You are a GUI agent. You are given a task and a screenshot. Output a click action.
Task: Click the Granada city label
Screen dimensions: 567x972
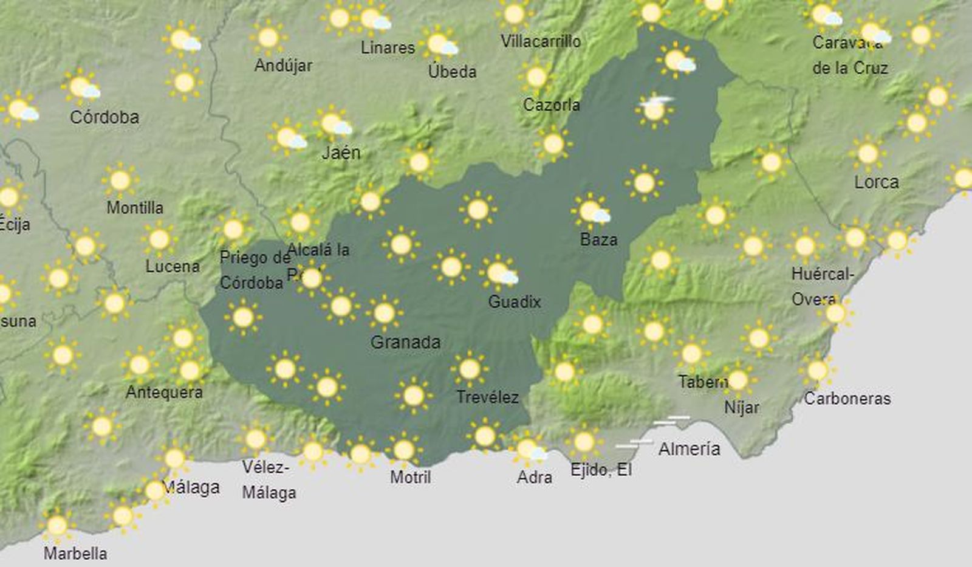pyautogui.click(x=405, y=342)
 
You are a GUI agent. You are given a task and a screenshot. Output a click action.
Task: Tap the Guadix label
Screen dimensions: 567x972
pyautogui.click(x=514, y=301)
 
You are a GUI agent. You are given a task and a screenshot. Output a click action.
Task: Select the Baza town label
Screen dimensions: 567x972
pyautogui.click(x=598, y=239)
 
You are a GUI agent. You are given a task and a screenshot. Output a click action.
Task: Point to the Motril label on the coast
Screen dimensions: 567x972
pyautogui.click(x=410, y=477)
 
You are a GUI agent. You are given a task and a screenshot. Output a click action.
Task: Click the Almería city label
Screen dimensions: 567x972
pyautogui.click(x=689, y=449)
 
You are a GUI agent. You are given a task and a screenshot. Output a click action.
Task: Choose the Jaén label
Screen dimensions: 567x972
pyautogui.click(x=341, y=153)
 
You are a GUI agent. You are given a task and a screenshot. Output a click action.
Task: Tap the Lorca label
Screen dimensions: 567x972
pyautogui.click(x=876, y=182)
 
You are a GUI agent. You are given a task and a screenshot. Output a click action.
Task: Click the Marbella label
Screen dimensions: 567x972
pyautogui.click(x=75, y=554)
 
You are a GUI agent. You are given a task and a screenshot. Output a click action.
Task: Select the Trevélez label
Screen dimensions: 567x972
pyautogui.click(x=487, y=397)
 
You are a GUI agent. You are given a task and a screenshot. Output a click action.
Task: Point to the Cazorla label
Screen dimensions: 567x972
pyautogui.click(x=551, y=105)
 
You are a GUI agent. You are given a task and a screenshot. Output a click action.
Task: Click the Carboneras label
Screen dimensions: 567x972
pyautogui.click(x=847, y=399)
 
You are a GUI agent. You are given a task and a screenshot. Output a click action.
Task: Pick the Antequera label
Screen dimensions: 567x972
pyautogui.click(x=164, y=392)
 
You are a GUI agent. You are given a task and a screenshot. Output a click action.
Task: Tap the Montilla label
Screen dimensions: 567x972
pyautogui.click(x=135, y=208)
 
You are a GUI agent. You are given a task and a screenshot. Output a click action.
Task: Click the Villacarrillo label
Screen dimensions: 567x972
pyautogui.click(x=540, y=41)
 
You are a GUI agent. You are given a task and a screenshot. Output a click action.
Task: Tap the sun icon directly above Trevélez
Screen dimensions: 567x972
pyautogui.click(x=469, y=368)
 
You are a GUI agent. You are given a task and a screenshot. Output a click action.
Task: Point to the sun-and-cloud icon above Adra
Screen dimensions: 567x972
pyautogui.click(x=529, y=450)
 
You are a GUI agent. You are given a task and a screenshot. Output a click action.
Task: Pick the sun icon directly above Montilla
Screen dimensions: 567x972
pyautogui.click(x=120, y=180)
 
